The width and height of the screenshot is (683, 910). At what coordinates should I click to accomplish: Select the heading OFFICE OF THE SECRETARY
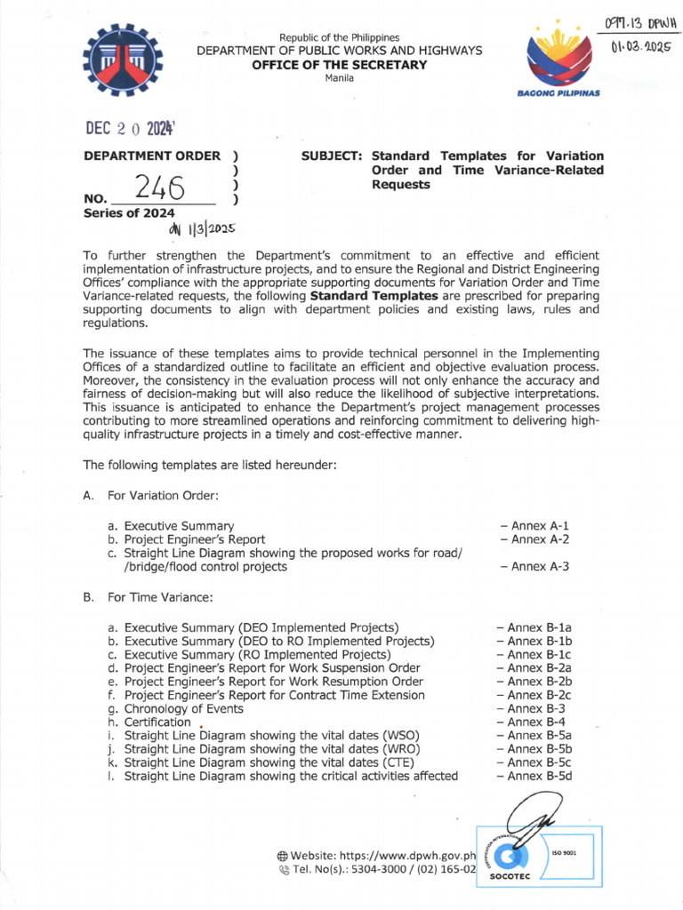[x=340, y=65]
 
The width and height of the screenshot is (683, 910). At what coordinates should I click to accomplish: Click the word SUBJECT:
[x=332, y=156]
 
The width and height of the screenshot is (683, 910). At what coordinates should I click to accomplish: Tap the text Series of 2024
[x=129, y=213]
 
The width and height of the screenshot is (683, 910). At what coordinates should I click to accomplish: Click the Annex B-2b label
[x=539, y=682]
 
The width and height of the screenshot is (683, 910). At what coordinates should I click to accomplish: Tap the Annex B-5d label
[x=539, y=776]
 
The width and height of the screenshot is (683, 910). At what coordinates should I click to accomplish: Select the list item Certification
[x=157, y=722]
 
